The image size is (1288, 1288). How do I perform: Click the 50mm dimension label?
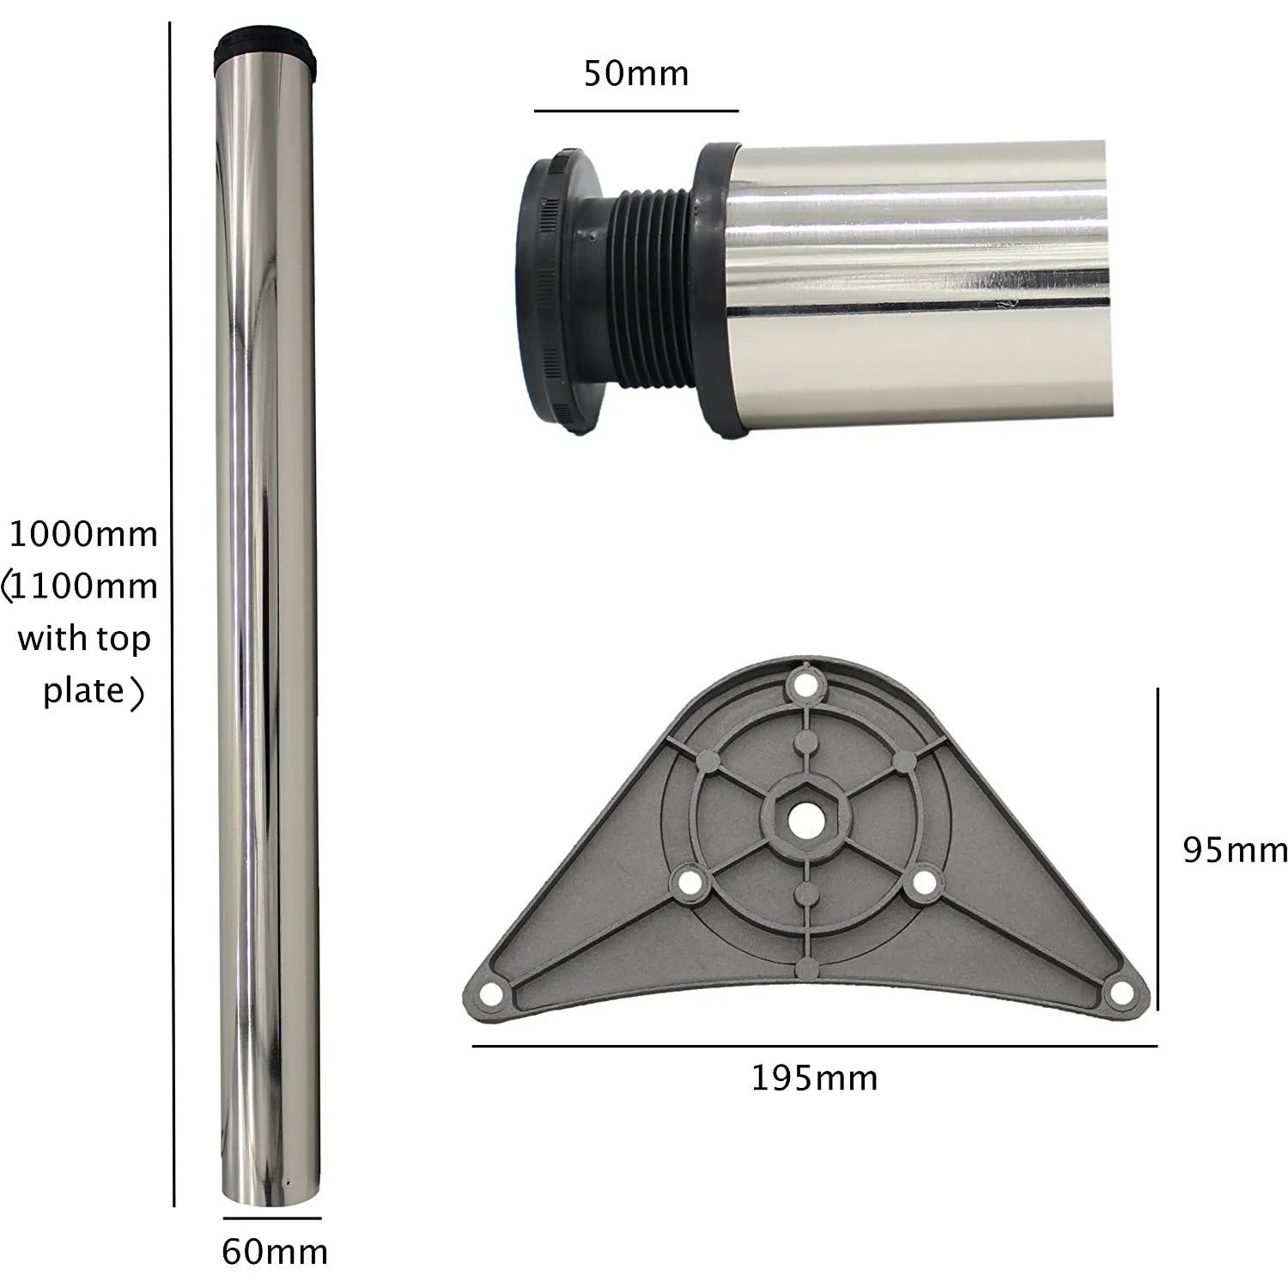(636, 73)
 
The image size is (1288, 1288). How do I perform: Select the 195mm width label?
(815, 1078)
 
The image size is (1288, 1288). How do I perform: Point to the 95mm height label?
(1235, 850)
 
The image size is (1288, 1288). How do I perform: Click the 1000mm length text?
(83, 534)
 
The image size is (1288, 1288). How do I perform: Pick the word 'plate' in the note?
(83, 690)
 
